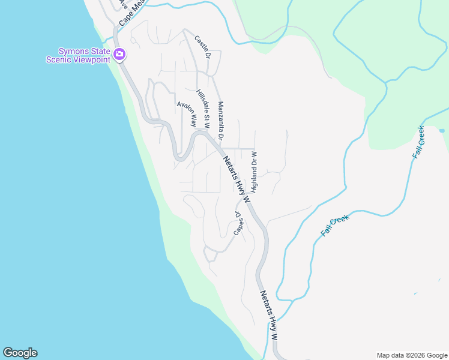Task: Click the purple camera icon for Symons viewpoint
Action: click(119, 55)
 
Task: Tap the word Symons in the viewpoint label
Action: click(73, 50)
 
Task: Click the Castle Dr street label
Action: click(202, 47)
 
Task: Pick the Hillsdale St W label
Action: click(202, 109)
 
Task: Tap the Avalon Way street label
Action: click(187, 113)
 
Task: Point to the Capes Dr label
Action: click(238, 223)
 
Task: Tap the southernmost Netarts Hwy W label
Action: click(268, 316)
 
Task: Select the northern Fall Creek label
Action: click(418, 142)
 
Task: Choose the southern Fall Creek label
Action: click(334, 226)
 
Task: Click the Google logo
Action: click(20, 353)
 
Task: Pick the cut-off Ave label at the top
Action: click(123, 4)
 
